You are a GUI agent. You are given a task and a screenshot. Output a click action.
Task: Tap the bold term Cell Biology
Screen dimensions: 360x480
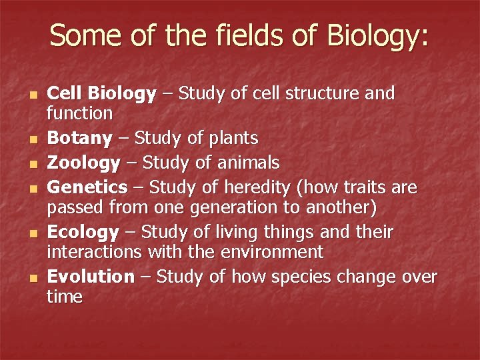tap(101, 94)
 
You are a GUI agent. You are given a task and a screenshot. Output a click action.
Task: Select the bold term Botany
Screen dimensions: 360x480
tap(79, 139)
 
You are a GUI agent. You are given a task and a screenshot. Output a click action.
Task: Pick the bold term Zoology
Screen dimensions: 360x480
tap(83, 163)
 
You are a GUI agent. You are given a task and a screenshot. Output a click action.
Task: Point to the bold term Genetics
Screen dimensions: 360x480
tap(87, 187)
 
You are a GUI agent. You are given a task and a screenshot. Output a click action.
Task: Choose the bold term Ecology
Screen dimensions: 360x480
tap(83, 233)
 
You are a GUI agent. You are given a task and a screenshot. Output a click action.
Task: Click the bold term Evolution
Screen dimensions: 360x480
tap(91, 277)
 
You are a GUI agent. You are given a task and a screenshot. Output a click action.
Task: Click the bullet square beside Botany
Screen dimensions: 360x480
tap(33, 140)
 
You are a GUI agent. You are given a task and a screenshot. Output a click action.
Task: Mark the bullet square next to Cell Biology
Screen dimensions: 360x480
tap(33, 95)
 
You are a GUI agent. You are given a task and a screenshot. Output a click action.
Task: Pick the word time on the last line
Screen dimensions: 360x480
tap(65, 297)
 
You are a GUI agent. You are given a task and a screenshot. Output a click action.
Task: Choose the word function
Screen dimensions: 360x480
tap(79, 113)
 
